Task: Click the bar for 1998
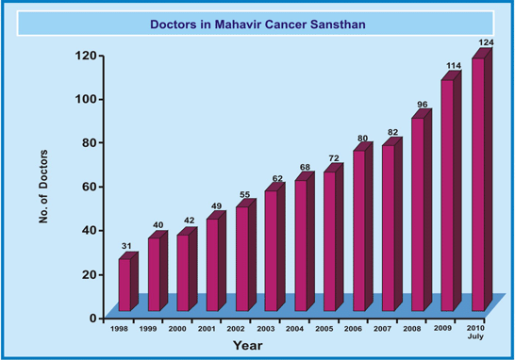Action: [128, 282]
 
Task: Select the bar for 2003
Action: [274, 247]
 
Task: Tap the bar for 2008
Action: [422, 210]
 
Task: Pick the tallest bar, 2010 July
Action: [482, 180]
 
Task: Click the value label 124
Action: [486, 42]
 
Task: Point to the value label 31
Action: [126, 246]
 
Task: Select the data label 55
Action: [244, 194]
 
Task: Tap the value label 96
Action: [423, 105]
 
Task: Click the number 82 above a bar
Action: [392, 132]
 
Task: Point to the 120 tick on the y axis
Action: [86, 56]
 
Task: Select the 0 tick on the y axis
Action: [93, 318]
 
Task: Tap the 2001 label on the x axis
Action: [207, 329]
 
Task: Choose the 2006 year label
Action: [353, 329]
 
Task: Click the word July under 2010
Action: [475, 336]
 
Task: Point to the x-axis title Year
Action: [248, 346]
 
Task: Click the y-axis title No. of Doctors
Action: [43, 187]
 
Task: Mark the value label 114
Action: [454, 66]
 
